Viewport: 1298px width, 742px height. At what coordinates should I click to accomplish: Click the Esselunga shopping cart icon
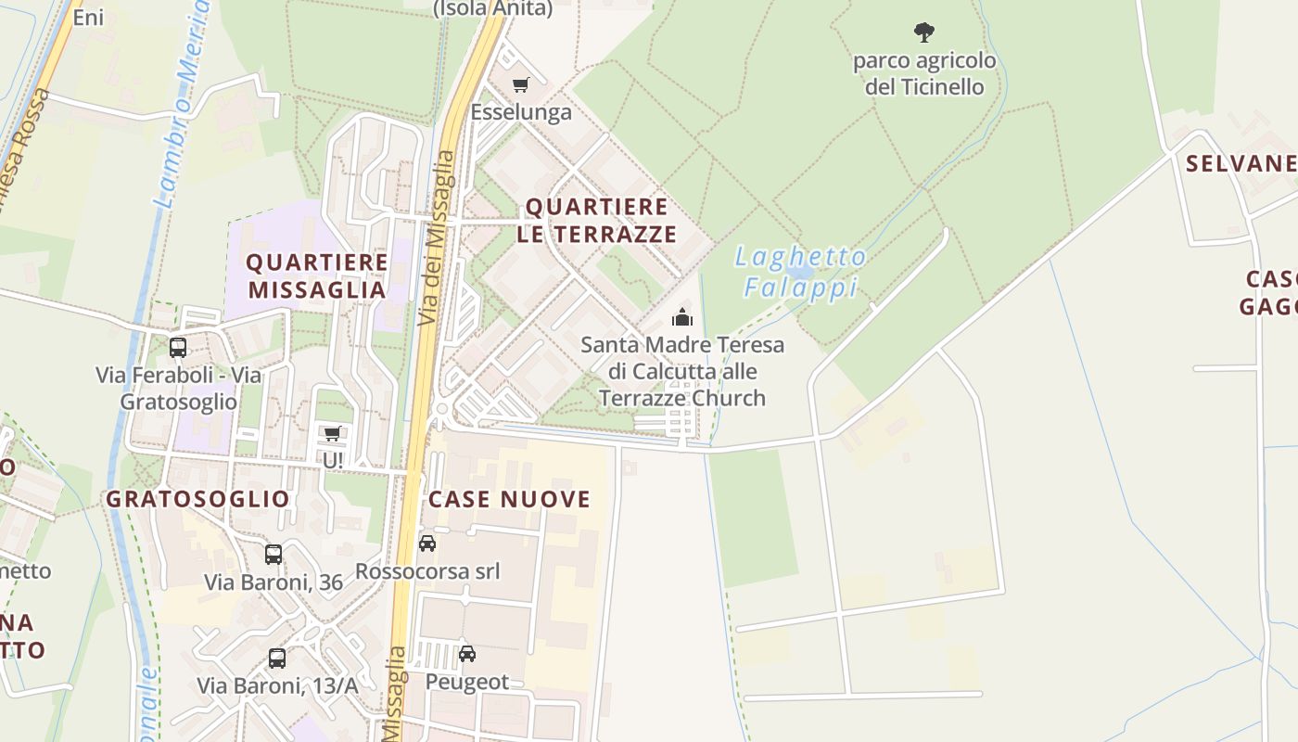coord(520,85)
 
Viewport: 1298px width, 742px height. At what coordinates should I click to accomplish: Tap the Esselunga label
coord(521,112)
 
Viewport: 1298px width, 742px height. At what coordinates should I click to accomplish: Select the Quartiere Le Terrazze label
coord(597,220)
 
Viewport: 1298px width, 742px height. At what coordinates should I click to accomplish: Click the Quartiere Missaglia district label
coord(317,275)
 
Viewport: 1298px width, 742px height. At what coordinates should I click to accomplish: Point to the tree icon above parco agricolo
coord(923,33)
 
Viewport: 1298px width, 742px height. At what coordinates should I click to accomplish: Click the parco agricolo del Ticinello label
coord(924,74)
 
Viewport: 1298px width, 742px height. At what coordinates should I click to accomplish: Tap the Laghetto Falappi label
coord(801,272)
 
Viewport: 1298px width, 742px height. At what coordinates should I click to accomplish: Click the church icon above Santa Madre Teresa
coord(682,317)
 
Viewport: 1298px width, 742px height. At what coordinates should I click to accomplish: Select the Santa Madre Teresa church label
coord(682,371)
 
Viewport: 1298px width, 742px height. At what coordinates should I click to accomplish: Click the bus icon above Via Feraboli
coord(178,348)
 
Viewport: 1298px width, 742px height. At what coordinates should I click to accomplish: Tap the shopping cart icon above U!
coord(332,433)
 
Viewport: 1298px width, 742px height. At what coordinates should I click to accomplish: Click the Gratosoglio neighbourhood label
coord(197,499)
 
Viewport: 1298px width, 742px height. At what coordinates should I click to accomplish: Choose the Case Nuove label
coord(509,499)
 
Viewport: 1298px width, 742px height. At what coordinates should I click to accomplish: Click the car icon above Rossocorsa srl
coord(427,544)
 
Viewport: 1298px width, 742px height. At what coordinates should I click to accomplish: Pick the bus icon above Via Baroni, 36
coord(274,555)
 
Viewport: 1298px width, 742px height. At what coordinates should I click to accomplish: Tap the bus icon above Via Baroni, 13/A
coord(277,659)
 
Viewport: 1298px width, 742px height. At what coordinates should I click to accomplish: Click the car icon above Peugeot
coord(467,654)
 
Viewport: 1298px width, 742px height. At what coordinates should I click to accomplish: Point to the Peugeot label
coord(467,682)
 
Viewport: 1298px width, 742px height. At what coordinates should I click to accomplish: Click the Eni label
coord(88,18)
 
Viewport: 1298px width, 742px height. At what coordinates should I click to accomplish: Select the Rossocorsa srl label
coord(427,571)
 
